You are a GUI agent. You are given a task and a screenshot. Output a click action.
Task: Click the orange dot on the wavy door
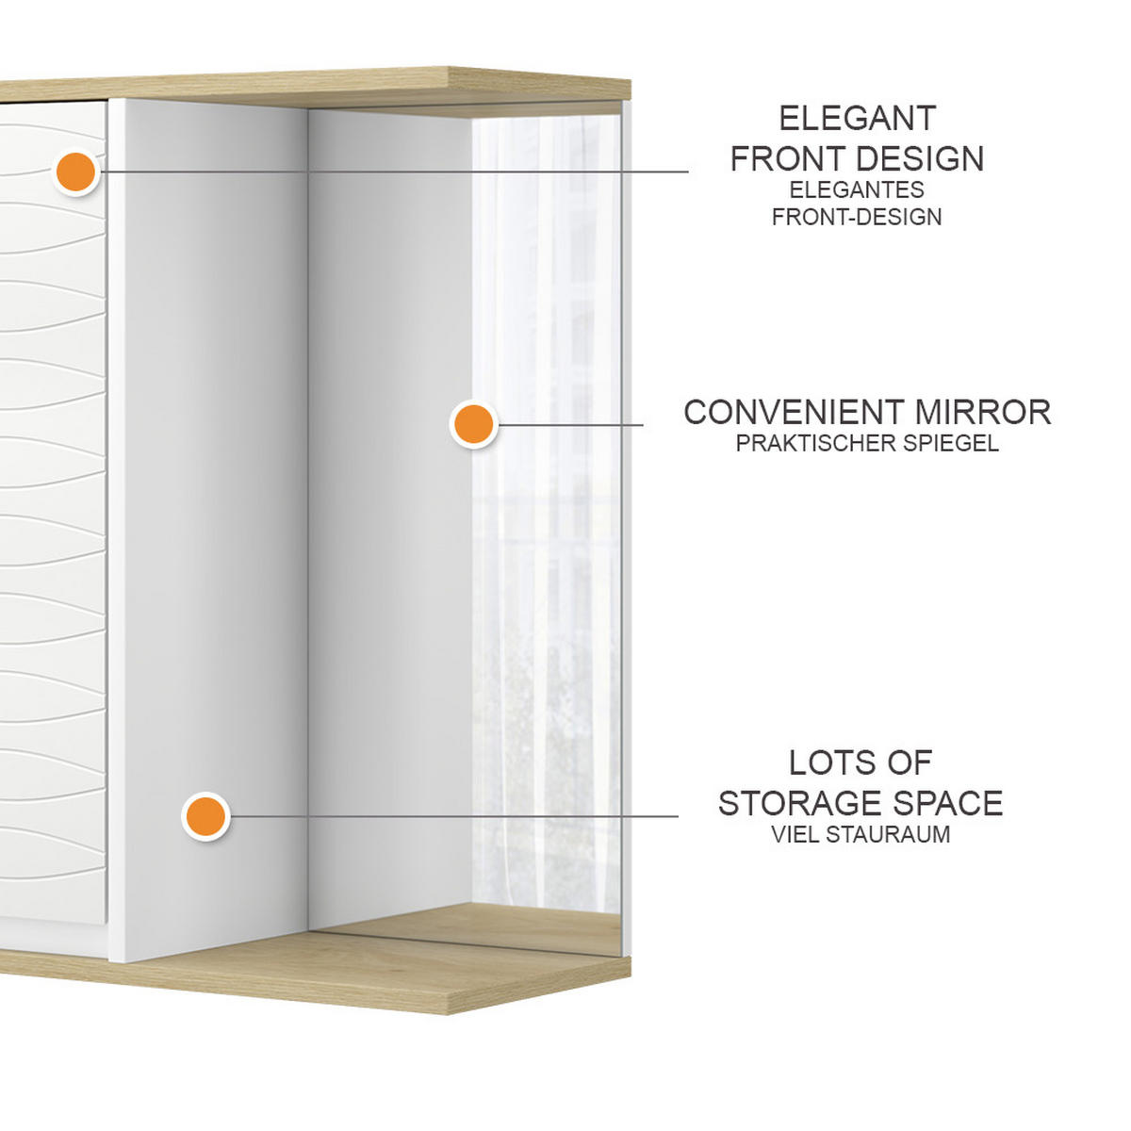[x=76, y=172]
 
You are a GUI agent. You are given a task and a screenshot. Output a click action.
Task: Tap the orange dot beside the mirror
[x=474, y=424]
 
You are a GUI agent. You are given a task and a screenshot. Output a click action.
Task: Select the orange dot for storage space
[x=205, y=816]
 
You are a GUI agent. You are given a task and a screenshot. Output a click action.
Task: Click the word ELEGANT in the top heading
[x=857, y=119]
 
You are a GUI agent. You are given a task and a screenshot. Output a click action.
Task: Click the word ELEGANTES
[x=857, y=189]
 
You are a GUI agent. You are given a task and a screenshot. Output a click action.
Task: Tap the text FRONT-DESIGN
[x=857, y=217]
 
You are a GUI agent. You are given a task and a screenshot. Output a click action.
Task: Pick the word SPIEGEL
[x=951, y=443]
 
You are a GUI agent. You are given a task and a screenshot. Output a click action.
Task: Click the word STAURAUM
[x=888, y=834]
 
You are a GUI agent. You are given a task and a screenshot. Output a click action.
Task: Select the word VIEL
[x=795, y=834]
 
